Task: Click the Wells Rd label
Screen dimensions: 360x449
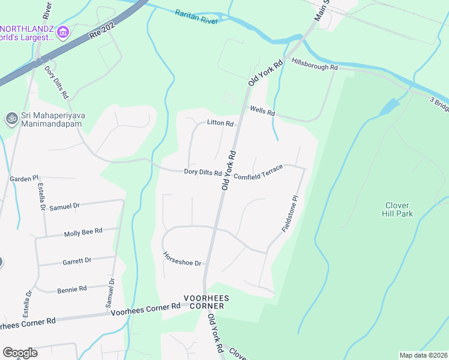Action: coord(262,112)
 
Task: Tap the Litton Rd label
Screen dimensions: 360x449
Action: coord(220,123)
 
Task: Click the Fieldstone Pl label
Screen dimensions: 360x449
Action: coord(290,213)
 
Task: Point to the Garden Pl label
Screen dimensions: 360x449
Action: coord(24,179)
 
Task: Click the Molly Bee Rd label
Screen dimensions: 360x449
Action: coord(83,231)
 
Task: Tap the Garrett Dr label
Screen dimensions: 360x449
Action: coord(77,260)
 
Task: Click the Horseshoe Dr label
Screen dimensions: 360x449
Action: coord(181,259)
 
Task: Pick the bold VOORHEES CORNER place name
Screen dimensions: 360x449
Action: coord(203,302)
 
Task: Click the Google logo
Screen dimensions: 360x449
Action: coord(20,352)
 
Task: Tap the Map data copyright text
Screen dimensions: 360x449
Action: coord(423,355)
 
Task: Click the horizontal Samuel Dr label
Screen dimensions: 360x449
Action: coord(64,206)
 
